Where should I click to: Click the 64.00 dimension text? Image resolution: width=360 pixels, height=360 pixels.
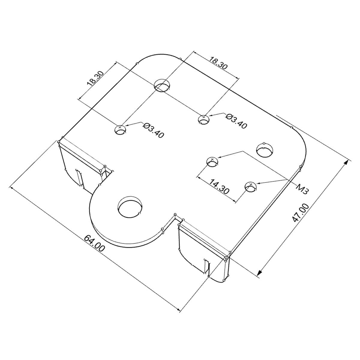point(94,243)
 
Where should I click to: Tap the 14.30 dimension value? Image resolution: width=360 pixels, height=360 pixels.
point(219,187)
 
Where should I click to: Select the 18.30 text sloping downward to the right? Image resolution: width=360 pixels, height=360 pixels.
point(218,63)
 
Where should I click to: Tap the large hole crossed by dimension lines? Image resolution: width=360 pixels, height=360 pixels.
point(162,85)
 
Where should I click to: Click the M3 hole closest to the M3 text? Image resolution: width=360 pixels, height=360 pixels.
point(250,187)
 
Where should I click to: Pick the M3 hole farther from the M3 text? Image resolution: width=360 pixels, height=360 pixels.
point(213,162)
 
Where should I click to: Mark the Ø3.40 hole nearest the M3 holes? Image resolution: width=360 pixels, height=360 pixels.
point(204,119)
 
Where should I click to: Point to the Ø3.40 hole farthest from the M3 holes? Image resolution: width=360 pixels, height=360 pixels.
point(121,130)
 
